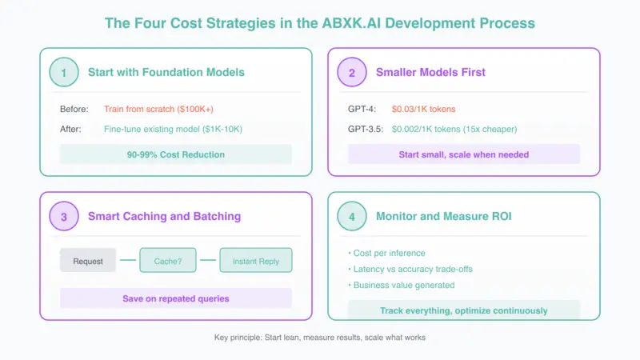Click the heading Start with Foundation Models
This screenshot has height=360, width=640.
166,72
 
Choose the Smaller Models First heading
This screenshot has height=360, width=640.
430,72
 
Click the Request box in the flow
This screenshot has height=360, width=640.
88,261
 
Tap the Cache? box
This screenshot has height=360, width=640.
168,261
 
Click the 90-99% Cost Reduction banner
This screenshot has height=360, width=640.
176,154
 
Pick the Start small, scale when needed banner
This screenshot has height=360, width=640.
464,154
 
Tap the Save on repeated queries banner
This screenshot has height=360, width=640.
176,298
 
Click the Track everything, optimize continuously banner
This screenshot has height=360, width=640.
464,310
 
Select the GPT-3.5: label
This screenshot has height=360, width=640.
366,128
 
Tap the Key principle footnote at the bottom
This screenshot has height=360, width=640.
320,338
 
